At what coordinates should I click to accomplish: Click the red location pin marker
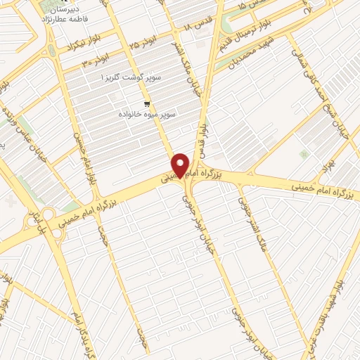[x=181, y=165]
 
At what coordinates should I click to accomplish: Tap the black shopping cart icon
[x=146, y=104]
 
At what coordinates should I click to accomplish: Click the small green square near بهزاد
[x=303, y=154]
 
